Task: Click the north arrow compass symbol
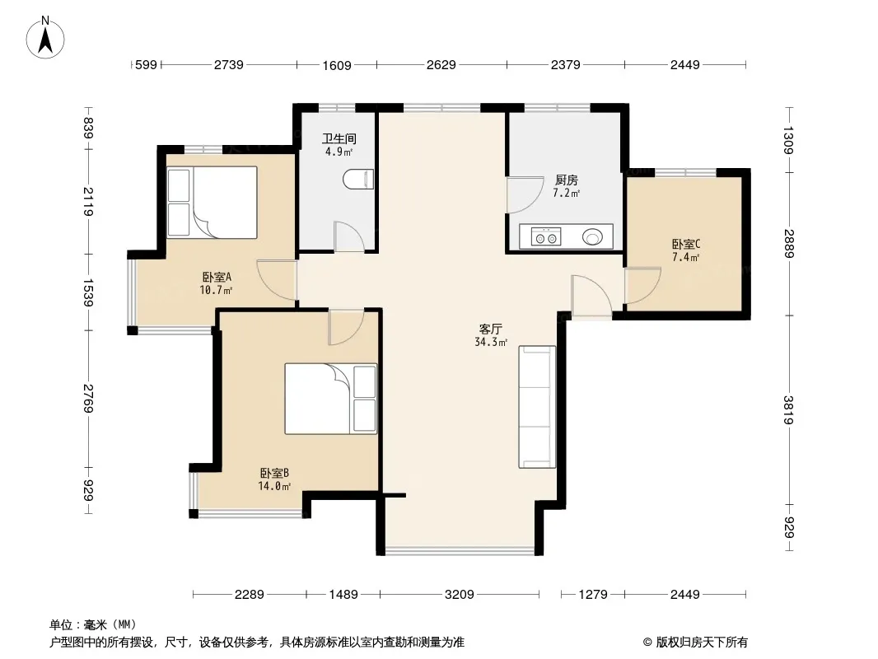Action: point(45,37)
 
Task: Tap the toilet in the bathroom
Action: point(358,180)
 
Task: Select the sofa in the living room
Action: point(537,406)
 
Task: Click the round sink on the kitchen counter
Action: point(593,237)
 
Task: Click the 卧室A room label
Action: point(217,277)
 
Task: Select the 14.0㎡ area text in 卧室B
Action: point(274,487)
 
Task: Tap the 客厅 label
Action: point(490,329)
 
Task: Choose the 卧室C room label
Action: point(686,245)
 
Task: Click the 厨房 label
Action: point(566,180)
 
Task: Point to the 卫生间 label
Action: point(339,138)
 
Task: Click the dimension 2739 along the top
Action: point(228,65)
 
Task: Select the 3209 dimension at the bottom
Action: point(459,594)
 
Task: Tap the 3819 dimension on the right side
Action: point(788,410)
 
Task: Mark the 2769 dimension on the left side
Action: point(88,398)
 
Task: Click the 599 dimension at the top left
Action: point(146,65)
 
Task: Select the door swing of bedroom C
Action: point(643,286)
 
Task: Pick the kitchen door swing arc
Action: point(525,195)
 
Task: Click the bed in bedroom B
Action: point(331,399)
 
